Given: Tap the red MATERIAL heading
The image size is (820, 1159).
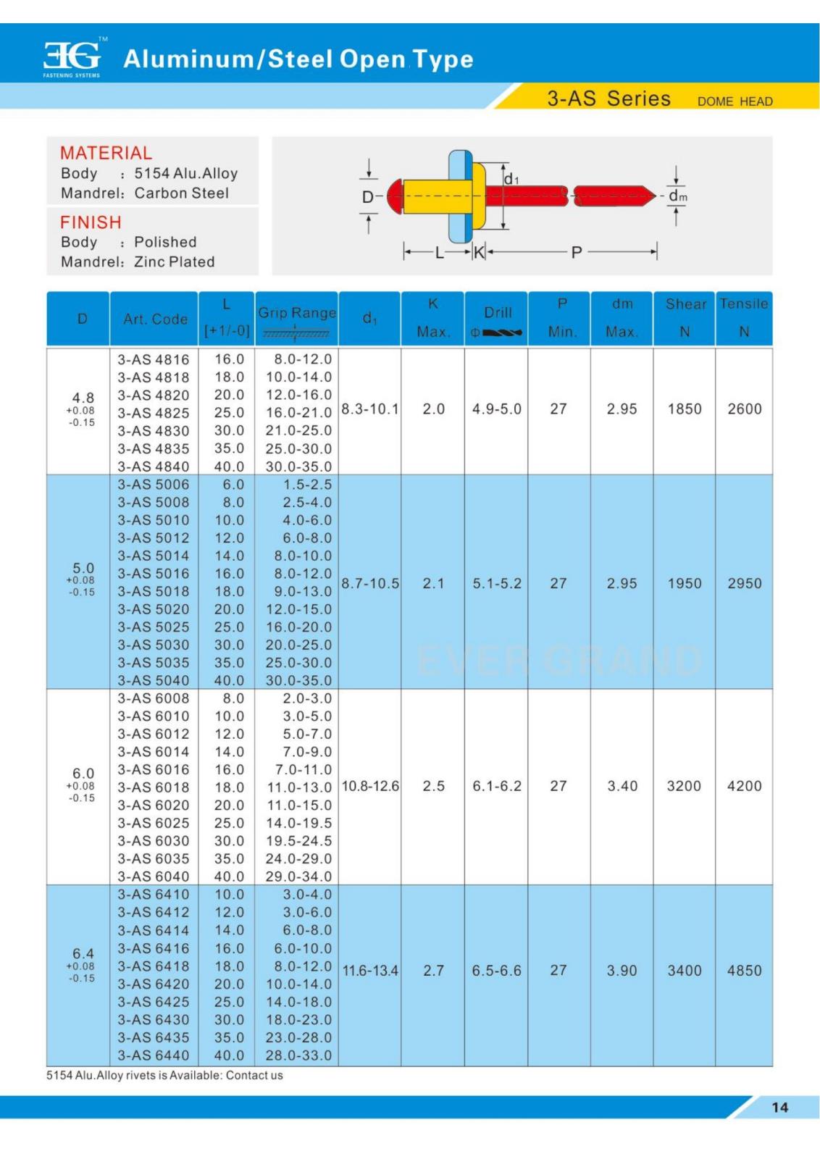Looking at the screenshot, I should click(x=106, y=153).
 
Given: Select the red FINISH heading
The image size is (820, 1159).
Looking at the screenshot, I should click(x=91, y=222).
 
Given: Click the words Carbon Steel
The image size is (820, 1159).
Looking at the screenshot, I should click(x=181, y=193).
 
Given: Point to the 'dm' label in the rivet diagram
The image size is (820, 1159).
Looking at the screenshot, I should click(x=677, y=196).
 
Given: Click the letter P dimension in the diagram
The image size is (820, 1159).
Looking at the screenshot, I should click(x=577, y=252).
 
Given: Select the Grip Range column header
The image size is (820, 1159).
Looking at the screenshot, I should click(x=297, y=313).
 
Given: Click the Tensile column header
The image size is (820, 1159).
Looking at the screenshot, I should click(x=743, y=304).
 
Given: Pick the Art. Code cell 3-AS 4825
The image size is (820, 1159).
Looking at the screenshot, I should click(x=154, y=413).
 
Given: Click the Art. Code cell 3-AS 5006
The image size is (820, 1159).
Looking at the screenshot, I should click(x=154, y=485).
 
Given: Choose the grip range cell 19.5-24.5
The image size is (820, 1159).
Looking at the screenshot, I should click(x=298, y=841).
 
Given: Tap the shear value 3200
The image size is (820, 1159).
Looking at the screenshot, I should click(x=684, y=786).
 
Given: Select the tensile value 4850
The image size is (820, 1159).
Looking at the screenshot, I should click(x=744, y=971).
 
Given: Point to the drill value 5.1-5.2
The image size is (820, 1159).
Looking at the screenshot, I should click(x=497, y=583).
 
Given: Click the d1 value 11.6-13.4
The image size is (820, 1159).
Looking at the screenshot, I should click(x=370, y=971).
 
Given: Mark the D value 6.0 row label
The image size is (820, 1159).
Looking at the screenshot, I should click(x=83, y=774).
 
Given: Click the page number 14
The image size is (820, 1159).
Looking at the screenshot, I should click(x=779, y=1107).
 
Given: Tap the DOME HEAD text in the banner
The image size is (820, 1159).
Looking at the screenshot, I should click(x=735, y=101).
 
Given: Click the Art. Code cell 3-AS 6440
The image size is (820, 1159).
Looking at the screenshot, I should click(x=154, y=1055).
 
